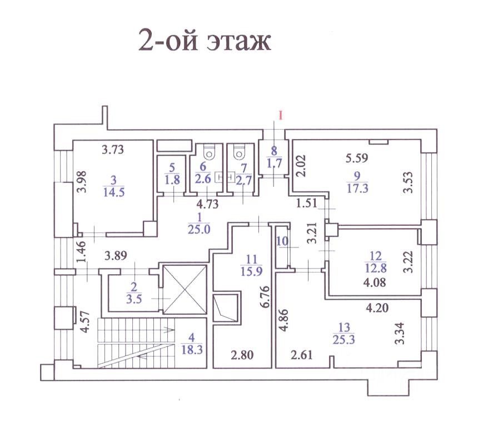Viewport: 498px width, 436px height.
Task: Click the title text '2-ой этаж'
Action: [x=205, y=41]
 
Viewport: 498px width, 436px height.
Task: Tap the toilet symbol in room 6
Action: [x=209, y=152]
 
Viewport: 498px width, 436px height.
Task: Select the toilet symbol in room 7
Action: [x=238, y=152]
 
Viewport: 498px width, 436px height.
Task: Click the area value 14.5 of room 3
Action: [x=114, y=192]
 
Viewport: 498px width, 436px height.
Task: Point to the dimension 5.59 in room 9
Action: [x=357, y=158]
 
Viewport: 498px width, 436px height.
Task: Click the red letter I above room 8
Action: [x=281, y=116]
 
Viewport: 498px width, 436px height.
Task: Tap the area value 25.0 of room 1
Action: [x=199, y=229]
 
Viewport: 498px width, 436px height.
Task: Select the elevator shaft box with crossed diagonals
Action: [x=185, y=289]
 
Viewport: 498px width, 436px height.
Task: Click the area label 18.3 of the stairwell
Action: [x=192, y=350]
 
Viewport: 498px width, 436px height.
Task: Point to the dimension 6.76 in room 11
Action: [x=265, y=297]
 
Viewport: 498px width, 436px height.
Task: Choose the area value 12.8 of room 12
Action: [x=376, y=268]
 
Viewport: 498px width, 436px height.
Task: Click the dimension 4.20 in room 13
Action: [x=377, y=308]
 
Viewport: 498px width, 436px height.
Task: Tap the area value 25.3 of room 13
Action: [x=344, y=340]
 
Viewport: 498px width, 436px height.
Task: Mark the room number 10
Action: [x=282, y=241]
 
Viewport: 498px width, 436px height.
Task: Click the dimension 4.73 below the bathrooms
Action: [x=208, y=204]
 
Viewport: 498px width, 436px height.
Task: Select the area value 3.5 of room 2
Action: [x=134, y=299]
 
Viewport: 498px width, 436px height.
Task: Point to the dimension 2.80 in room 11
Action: [x=242, y=355]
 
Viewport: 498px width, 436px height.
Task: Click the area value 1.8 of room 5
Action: [x=172, y=180]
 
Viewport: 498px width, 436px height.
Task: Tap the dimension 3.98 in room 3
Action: [x=82, y=182]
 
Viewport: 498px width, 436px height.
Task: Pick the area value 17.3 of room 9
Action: [x=357, y=189]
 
